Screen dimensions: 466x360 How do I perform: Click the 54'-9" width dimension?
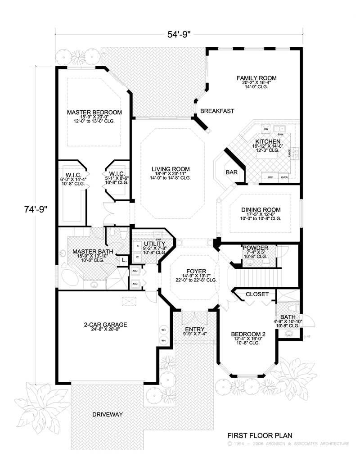coord(180,33)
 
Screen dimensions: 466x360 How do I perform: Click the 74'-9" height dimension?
coord(36,209)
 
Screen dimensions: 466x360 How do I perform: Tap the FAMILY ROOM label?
coord(256,78)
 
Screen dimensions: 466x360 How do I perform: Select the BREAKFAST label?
coord(217,111)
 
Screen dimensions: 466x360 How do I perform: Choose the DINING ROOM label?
coord(261,210)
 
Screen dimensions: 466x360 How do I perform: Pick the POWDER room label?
coord(255,248)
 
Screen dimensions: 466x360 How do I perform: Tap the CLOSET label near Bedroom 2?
coord(257,294)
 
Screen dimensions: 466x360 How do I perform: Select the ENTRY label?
coord(195,329)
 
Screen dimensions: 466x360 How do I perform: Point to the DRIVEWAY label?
coord(107,414)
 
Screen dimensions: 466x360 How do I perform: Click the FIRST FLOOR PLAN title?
coord(260,435)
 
